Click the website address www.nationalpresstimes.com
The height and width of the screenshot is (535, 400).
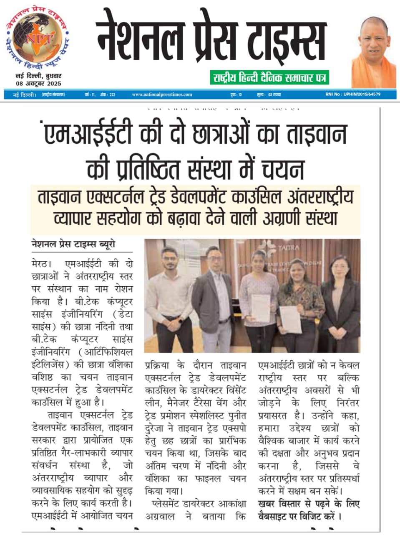click(162, 94)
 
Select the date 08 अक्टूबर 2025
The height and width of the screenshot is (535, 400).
click(38, 83)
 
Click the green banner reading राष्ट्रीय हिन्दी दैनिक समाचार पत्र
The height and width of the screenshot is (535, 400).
click(269, 77)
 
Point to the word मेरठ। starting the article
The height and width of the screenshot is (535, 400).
click(42, 264)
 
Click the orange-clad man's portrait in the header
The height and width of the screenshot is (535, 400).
click(373, 52)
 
